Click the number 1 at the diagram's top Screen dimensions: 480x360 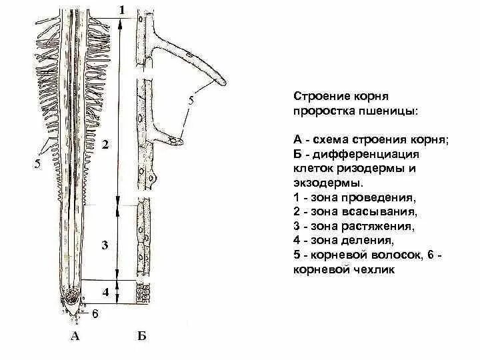121,9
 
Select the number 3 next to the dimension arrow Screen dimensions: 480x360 105,246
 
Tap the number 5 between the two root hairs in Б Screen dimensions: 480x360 191,101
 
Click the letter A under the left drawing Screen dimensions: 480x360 75,337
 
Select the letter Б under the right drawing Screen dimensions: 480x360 141,337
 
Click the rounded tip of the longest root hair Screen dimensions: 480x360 223,82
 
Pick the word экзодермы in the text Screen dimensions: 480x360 324,183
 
